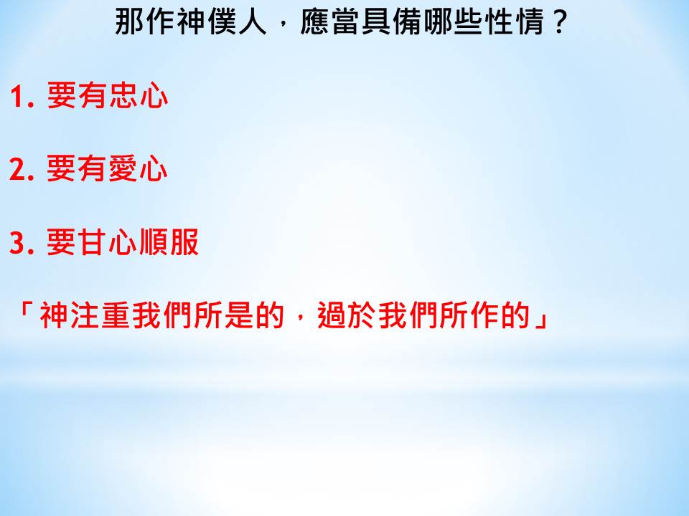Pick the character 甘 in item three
coord(92,242)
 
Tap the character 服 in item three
coord(184,242)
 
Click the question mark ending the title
coord(559,22)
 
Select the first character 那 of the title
coord(130,22)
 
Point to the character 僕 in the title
coord(222,22)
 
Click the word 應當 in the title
coord(329,22)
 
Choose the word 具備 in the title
coord(392,22)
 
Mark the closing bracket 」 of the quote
coord(540,320)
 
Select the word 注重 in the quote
coord(100,315)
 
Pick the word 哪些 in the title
coord(453,22)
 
